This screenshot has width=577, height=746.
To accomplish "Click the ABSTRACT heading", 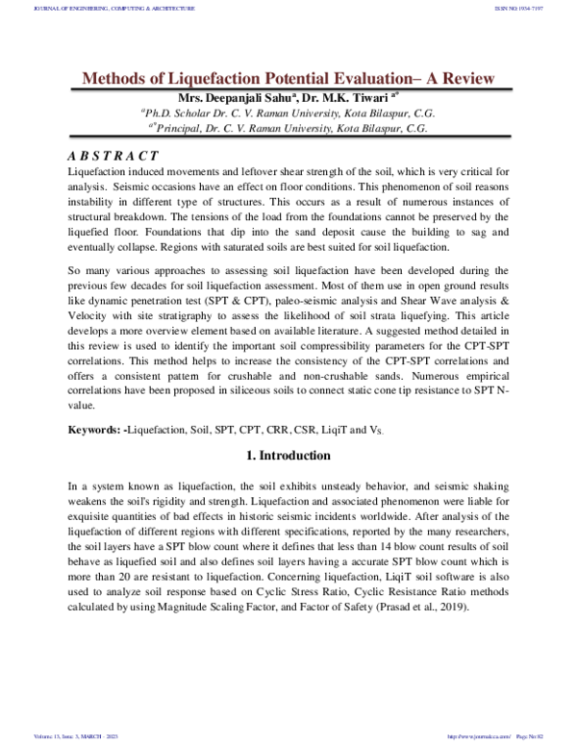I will pos(113,156).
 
